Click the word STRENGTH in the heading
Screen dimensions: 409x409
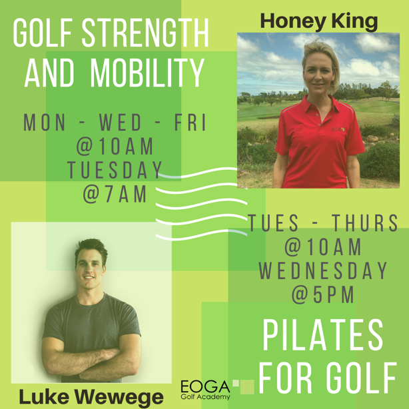pos(145,33)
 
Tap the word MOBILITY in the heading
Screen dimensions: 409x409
pos(147,73)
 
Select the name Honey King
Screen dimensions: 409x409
pos(319,21)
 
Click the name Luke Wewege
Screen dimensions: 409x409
pos(91,397)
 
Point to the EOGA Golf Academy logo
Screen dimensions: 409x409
pos(205,390)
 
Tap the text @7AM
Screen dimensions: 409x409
pos(115,194)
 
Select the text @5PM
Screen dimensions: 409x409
pos(322,294)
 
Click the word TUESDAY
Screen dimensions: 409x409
pos(115,170)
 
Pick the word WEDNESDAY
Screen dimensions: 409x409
pos(323,270)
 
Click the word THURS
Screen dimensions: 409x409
pos(365,222)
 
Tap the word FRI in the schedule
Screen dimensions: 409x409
pos(191,123)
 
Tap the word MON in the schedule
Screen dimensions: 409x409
pos(45,123)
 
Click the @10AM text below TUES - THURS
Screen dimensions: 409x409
pos(322,246)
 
